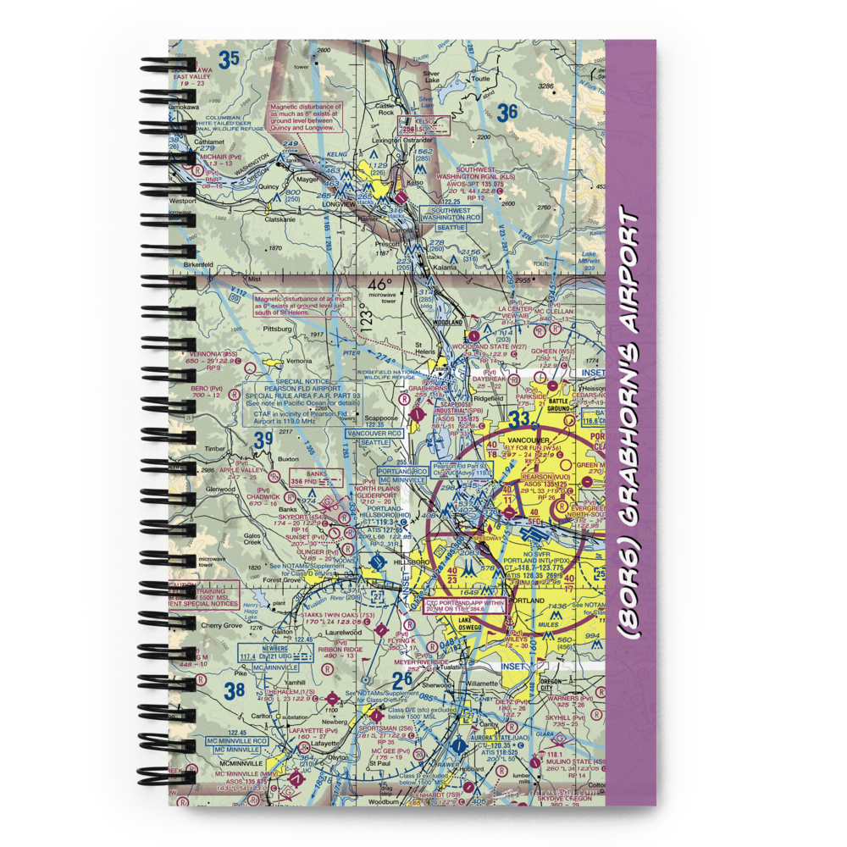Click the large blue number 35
[228, 59]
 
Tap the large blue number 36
[507, 112]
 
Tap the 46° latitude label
[380, 285]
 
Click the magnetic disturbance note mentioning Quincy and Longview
[305, 117]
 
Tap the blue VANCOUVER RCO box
[373, 437]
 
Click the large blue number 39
[263, 438]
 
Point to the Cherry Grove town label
[222, 626]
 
